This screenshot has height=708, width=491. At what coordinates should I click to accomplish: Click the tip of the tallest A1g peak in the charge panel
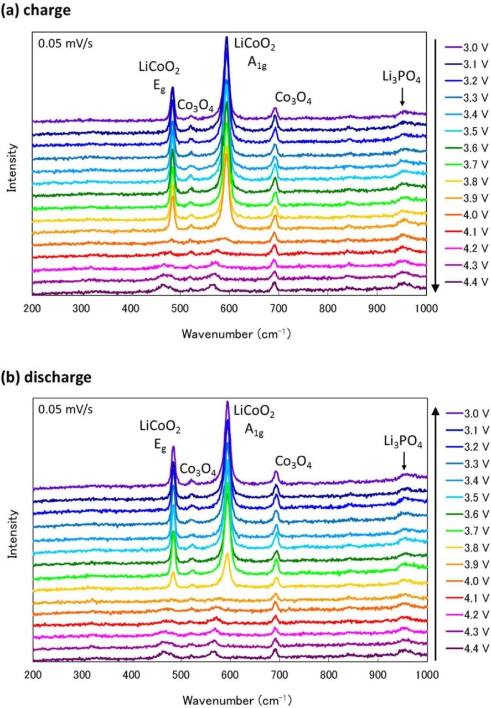click(227, 38)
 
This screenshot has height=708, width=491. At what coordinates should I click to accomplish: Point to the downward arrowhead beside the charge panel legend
click(436, 287)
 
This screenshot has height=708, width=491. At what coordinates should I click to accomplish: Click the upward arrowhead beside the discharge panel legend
click(436, 410)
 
